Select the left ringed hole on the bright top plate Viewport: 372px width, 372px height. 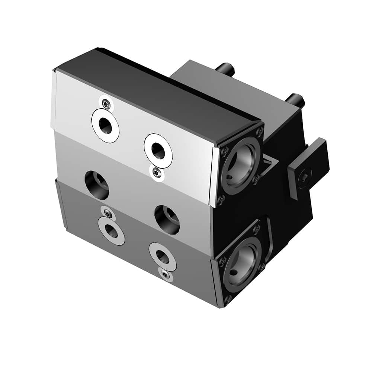tap(106, 125)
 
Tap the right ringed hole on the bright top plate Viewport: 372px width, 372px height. tap(158, 149)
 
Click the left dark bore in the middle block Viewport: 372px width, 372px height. tap(97, 185)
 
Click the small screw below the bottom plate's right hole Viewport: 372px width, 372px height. tap(165, 274)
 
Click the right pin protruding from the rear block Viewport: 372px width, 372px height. tap(296, 99)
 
